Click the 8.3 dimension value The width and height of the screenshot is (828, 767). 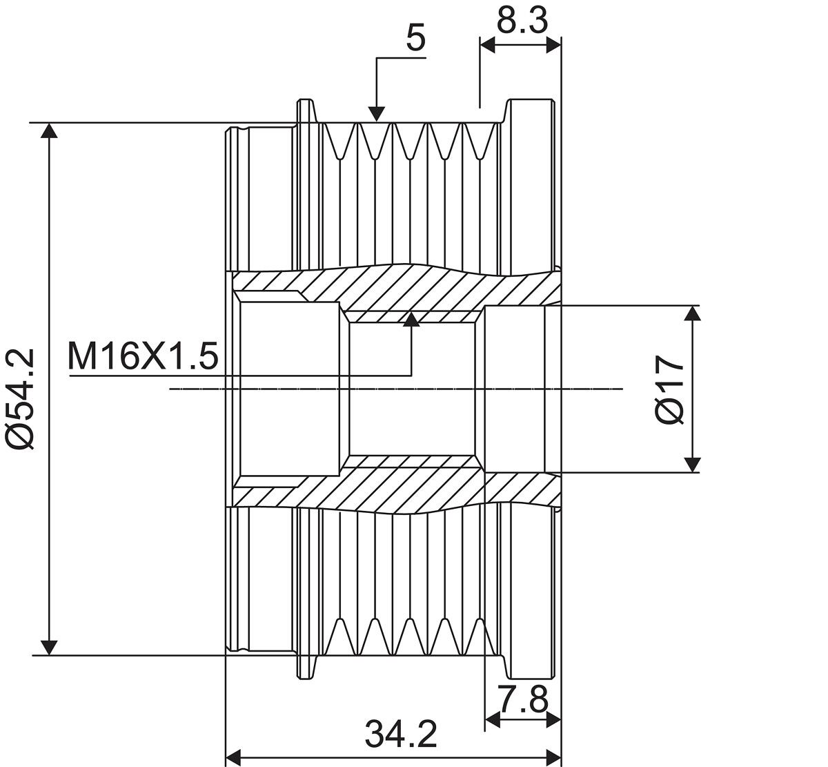point(522,20)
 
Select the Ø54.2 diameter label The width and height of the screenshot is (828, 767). point(20,400)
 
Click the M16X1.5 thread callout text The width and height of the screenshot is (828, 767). point(143,356)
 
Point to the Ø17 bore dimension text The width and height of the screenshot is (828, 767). point(669,389)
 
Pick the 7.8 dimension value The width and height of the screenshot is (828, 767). point(524,700)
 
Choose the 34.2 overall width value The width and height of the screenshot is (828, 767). point(401,734)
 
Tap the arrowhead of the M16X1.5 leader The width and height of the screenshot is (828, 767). point(411,318)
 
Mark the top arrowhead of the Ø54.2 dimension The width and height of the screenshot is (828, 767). point(50,131)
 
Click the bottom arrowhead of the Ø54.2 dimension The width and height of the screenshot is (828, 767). point(50,648)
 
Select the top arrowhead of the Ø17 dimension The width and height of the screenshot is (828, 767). point(693,313)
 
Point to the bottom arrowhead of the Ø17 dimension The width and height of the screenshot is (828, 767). point(693,465)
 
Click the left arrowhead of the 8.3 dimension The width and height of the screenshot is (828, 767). point(488,45)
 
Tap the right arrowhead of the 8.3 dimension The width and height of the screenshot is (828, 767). point(553,45)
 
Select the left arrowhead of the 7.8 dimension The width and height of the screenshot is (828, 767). point(493,719)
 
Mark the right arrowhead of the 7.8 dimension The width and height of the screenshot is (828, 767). point(553,719)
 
